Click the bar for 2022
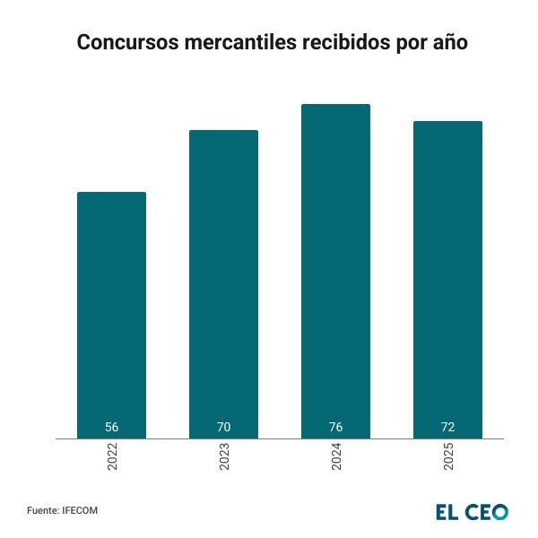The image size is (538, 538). click(x=111, y=314)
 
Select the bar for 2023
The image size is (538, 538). click(x=223, y=282)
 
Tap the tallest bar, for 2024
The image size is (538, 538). click(x=335, y=269)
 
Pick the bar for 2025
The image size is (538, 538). click(x=447, y=278)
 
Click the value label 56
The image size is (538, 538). click(x=111, y=427)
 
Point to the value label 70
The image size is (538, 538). click(x=223, y=427)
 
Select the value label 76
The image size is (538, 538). click(x=335, y=427)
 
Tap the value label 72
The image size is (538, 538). click(x=447, y=427)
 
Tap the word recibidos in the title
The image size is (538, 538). click(x=342, y=43)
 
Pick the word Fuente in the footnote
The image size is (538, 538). click(x=42, y=510)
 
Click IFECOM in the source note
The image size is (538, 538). click(x=80, y=510)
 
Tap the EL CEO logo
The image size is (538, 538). click(x=472, y=512)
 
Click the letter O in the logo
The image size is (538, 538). click(x=499, y=512)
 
